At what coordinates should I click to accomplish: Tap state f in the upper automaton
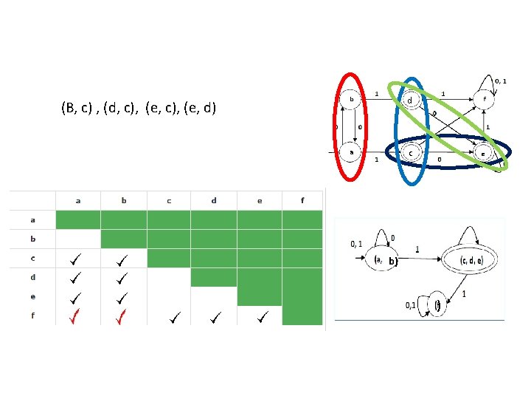click(484, 99)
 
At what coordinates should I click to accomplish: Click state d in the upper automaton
click(409, 99)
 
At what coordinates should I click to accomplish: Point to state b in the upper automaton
click(351, 99)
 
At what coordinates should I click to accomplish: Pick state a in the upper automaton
click(351, 153)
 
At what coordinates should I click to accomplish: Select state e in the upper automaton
click(483, 154)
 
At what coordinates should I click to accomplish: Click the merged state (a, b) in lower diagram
click(386, 260)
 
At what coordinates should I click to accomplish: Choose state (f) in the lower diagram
click(437, 304)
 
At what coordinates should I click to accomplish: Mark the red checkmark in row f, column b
click(122, 318)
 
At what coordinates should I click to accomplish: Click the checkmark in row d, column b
click(122, 279)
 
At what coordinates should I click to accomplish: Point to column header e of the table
click(260, 200)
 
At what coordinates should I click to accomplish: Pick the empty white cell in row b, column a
click(78, 239)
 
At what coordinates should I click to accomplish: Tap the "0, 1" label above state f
click(500, 80)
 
